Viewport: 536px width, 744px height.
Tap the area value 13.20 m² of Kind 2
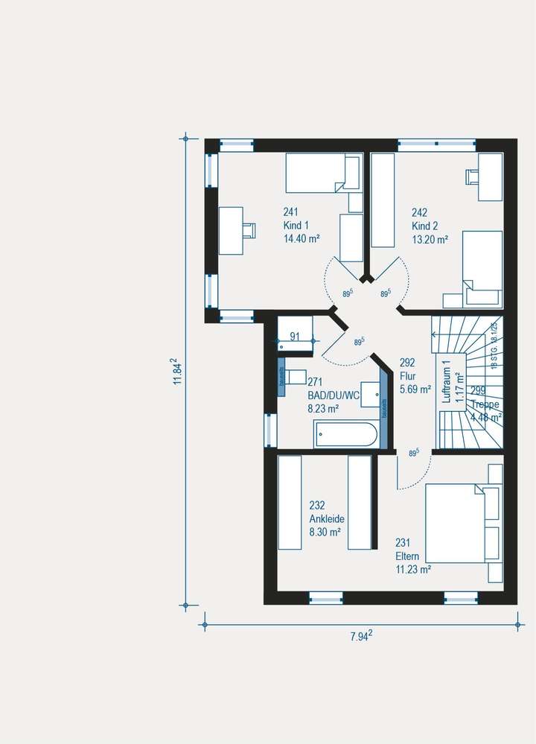tap(430, 240)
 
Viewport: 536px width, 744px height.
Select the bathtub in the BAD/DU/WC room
tap(346, 434)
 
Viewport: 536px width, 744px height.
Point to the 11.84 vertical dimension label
tap(176, 371)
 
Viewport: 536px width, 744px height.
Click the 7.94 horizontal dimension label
tap(361, 635)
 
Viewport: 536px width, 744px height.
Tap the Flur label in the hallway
tap(406, 377)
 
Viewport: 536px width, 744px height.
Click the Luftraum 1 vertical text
tap(447, 382)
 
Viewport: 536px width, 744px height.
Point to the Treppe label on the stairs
tap(485, 404)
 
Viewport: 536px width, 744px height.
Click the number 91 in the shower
tap(294, 337)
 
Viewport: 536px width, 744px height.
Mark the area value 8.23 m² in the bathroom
tap(323, 409)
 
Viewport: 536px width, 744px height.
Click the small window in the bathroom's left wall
tap(269, 430)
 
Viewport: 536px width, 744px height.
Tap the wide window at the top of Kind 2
tap(436, 145)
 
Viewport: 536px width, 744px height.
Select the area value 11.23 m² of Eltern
tap(414, 569)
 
